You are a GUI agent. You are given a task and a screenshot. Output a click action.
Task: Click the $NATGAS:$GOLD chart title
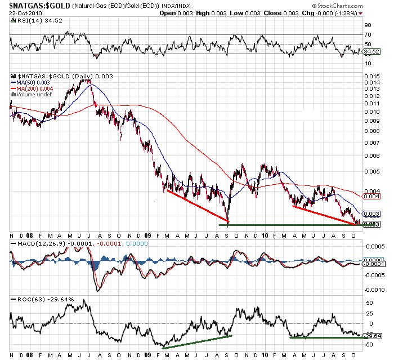34,5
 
